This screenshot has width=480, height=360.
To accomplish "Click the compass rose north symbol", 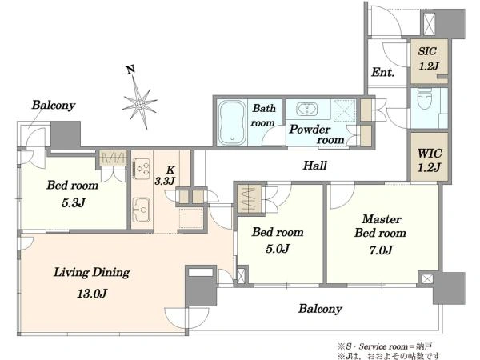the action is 139,102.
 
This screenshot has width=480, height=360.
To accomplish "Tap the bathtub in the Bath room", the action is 232,122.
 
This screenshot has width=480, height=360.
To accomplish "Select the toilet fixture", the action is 424,99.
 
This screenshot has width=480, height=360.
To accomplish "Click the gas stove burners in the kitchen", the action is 142,169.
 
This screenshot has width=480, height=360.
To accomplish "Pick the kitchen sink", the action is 141,210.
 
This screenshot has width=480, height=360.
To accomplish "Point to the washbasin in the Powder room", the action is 306,109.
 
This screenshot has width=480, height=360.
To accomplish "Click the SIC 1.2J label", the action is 428,58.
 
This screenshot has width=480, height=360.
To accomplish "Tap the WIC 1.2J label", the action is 429,160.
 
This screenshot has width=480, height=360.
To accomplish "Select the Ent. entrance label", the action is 382,73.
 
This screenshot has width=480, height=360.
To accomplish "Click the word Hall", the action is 314,166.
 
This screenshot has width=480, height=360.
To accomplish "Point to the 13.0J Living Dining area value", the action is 92,294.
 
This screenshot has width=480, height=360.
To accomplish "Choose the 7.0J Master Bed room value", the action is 381,250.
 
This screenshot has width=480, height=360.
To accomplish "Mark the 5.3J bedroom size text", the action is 73,202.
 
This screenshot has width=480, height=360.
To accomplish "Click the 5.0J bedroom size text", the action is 278,249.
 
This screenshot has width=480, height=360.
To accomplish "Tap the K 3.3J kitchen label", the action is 166,176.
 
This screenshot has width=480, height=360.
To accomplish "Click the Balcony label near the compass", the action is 54,105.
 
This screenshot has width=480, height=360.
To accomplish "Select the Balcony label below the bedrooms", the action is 320,309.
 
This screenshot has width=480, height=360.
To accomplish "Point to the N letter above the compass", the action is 130,70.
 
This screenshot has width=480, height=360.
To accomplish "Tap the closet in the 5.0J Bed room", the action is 250,198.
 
